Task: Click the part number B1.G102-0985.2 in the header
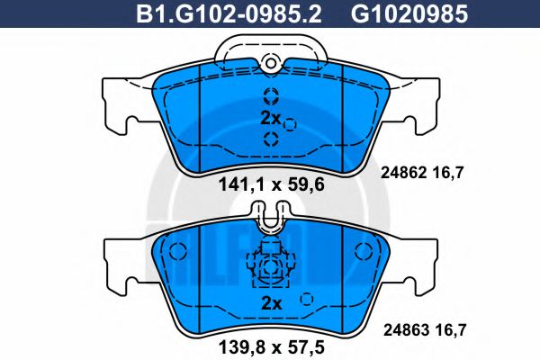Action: click(230, 13)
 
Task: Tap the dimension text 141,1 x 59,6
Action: click(270, 187)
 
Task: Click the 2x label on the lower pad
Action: click(270, 303)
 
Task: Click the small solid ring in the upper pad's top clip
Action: click(270, 61)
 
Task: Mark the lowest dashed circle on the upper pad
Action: click(271, 138)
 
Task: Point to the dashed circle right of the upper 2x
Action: click(290, 124)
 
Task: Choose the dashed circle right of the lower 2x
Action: click(306, 300)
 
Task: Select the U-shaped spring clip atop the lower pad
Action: click(270, 216)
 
